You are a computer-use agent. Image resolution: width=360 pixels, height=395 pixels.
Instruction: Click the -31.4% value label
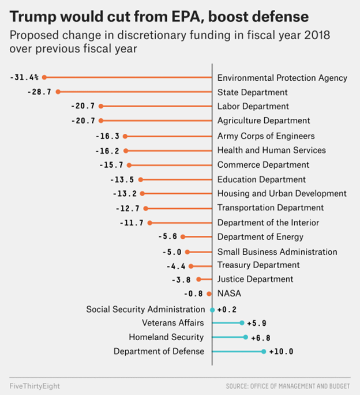[x=24, y=77]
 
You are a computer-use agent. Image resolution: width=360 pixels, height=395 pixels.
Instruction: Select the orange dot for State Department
[x=58, y=92]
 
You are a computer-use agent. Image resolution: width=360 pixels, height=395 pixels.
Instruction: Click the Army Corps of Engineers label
[x=266, y=136]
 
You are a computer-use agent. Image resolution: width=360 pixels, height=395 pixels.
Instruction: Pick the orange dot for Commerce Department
[x=129, y=165]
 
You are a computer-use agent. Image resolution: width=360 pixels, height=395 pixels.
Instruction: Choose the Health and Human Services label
[x=271, y=151]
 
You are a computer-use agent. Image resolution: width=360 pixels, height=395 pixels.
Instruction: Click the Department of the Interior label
[x=268, y=223]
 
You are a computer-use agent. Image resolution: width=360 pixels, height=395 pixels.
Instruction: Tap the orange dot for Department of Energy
[x=183, y=236]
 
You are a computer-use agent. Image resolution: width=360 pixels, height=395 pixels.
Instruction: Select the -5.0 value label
[x=171, y=251]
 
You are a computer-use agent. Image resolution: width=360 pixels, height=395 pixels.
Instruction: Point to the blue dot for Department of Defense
[x=264, y=351]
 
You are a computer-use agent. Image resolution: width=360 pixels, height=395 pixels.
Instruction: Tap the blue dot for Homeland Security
[x=246, y=337]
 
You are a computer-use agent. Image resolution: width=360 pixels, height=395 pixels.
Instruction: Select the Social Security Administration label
[x=145, y=309]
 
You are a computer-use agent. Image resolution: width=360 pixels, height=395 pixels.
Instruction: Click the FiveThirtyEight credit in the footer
[x=35, y=385]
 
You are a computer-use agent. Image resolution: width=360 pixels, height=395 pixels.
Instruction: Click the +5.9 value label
[x=257, y=323]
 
